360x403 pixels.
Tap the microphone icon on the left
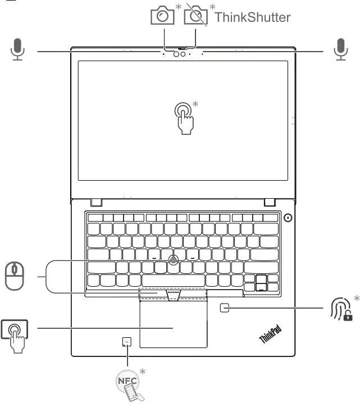(x=19, y=49)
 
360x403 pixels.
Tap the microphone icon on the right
(x=339, y=49)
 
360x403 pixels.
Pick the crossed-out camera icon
(x=195, y=16)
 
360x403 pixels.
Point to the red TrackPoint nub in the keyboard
(x=174, y=259)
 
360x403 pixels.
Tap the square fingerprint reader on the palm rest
(x=225, y=308)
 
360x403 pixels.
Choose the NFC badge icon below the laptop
(x=129, y=385)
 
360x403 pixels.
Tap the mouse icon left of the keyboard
(x=15, y=276)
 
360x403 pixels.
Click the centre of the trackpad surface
(x=174, y=327)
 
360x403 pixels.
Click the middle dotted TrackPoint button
(x=174, y=295)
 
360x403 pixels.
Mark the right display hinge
(x=270, y=201)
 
